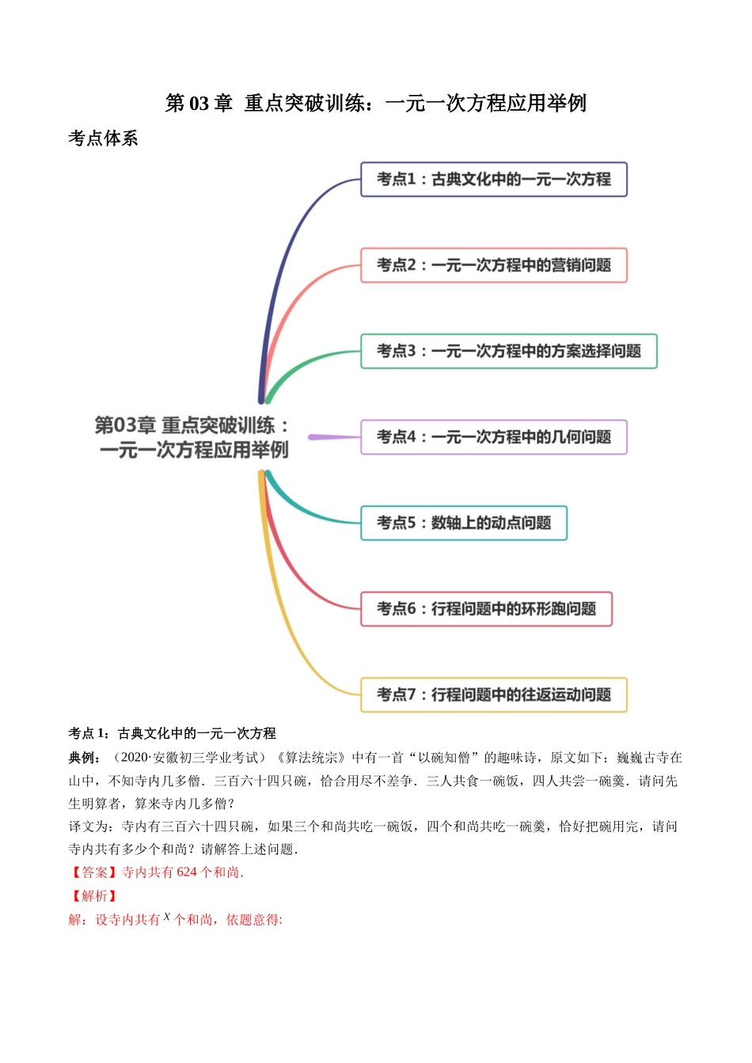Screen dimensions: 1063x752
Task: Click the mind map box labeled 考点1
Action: coord(493,180)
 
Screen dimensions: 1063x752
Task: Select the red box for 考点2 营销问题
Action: coord(493,266)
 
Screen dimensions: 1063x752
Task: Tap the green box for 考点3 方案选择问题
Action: coord(508,351)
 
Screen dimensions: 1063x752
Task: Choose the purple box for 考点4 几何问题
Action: coord(493,437)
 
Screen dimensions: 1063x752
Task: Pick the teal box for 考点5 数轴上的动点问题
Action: coord(464,523)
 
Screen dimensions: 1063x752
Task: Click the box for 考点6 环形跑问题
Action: coord(486,609)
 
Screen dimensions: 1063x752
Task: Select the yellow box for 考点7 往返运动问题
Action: coord(493,695)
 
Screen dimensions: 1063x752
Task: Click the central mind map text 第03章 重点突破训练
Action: coord(192,437)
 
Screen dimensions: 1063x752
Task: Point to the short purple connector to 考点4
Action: coord(333,437)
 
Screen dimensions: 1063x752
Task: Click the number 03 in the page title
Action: coord(199,104)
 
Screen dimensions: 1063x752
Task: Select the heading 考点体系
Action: coord(103,138)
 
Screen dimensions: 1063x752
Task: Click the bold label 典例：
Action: coord(85,758)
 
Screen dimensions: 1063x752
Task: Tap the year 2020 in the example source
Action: coord(135,758)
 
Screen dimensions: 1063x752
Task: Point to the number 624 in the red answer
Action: coord(187,872)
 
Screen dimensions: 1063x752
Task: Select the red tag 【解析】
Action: coord(94,896)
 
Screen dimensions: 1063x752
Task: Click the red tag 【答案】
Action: coord(94,872)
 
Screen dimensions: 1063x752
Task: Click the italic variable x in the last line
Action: coord(167,917)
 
